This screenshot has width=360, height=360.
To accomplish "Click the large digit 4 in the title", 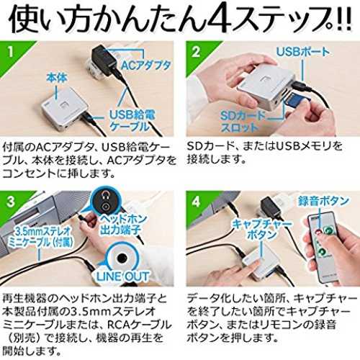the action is point(220,17).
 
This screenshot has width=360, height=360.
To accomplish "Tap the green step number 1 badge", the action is point(12,54).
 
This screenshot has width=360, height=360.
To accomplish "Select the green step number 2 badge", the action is point(197,54).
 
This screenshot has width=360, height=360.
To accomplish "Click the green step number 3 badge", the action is point(12,203).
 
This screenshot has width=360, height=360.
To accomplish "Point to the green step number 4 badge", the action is point(197,203).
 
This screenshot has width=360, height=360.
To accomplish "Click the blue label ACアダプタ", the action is point(145,66).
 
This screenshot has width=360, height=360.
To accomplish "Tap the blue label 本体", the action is point(57,78).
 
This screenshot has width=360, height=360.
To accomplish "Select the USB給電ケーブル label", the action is point(132,121).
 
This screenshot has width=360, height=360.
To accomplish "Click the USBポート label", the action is point(303,52).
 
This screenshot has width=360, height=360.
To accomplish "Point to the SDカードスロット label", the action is point(243,122).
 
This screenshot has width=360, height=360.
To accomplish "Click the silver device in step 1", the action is point(64,109).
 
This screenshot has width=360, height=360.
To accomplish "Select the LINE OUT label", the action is point(122,276).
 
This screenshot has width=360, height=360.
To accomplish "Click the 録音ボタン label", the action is point(323,201).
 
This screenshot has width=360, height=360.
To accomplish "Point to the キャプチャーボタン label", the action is point(261,229).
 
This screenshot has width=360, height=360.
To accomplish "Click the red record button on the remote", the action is point(319,232).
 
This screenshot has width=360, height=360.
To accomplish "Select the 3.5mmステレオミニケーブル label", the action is point(41,237).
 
